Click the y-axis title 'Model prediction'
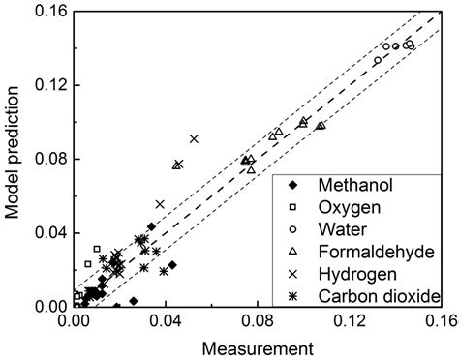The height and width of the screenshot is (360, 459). coord(13,155)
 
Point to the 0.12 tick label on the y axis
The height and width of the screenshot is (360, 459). coord(50,84)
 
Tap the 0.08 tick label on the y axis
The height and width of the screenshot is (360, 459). coord(50,159)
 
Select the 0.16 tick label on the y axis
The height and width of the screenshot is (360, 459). coord(50,11)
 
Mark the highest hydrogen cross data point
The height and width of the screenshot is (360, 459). coord(195,139)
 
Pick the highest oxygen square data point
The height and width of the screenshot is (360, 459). coord(97,249)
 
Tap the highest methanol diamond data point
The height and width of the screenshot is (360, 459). coord(152,226)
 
